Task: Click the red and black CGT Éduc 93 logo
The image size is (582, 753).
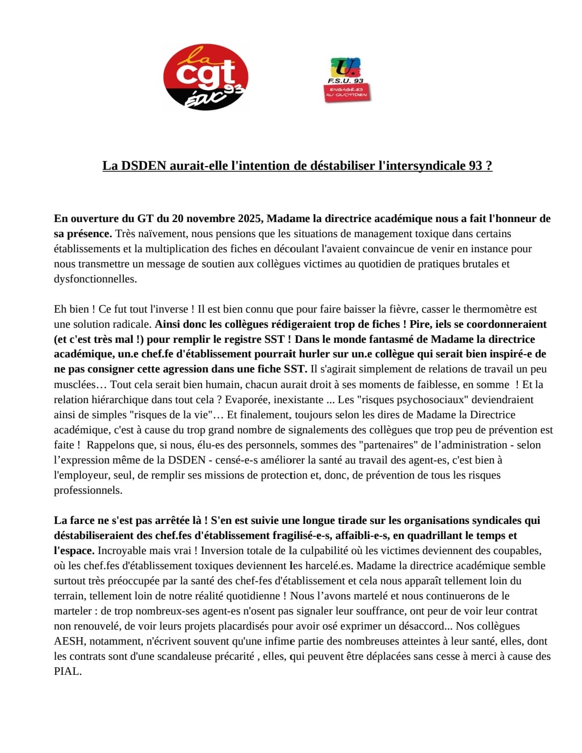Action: pos(205,77)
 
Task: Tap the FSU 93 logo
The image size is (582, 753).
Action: pos(347,79)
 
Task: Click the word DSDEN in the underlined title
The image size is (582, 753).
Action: pos(143,165)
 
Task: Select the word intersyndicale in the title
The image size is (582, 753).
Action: pos(422,165)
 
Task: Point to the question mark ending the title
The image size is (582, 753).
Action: pos(489,165)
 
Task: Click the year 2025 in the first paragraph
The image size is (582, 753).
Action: pos(250,218)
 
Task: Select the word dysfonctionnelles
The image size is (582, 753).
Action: pos(95,279)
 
